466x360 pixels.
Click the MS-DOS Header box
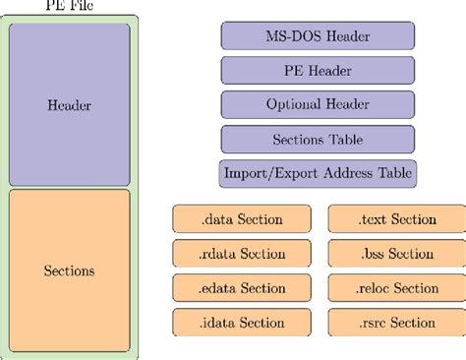(318, 36)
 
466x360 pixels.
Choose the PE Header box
(318, 71)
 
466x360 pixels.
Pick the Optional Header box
(318, 105)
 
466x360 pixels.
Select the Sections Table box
(318, 139)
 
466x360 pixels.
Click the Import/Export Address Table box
(318, 173)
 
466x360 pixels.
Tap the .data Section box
(241, 219)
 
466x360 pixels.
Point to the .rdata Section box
(241, 254)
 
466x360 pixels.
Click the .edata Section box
(241, 288)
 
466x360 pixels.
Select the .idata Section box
(241, 323)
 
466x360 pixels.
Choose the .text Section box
(396, 219)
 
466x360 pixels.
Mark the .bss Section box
(396, 254)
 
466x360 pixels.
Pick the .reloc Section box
(396, 288)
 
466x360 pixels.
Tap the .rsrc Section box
(396, 323)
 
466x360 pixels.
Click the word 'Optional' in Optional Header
(293, 105)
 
